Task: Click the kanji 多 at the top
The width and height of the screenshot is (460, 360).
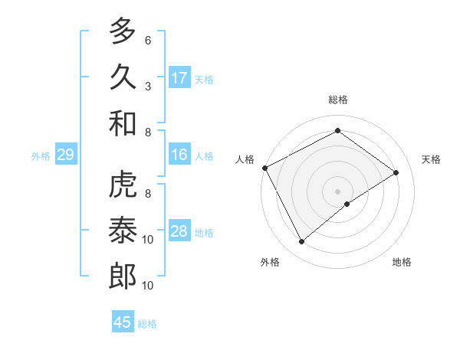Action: [122, 32]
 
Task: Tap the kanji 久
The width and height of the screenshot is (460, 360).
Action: [122, 77]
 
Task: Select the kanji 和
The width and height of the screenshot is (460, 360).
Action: [122, 123]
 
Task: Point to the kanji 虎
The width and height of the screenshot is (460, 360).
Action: [122, 186]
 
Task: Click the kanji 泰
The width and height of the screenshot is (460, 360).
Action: [122, 231]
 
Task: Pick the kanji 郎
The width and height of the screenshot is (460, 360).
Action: [122, 277]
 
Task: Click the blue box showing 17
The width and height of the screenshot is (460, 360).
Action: [179, 77]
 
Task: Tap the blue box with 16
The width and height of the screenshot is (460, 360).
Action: [179, 155]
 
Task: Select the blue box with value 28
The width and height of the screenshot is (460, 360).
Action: [179, 231]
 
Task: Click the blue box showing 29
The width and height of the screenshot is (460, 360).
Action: [65, 155]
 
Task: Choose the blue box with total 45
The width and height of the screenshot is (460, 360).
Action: [123, 322]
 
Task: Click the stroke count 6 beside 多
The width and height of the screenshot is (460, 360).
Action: [147, 40]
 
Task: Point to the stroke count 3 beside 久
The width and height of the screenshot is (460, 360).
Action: [147, 86]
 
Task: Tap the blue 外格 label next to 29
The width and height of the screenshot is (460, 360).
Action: [41, 155]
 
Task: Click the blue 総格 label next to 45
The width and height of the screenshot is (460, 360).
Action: [147, 323]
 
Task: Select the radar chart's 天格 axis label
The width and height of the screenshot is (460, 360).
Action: [431, 159]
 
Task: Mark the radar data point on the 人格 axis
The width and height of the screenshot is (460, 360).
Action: [265, 168]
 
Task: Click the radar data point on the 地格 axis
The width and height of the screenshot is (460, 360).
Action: [347, 204]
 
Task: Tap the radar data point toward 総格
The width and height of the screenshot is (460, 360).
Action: [337, 131]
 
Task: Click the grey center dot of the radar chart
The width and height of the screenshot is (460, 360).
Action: [337, 190]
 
